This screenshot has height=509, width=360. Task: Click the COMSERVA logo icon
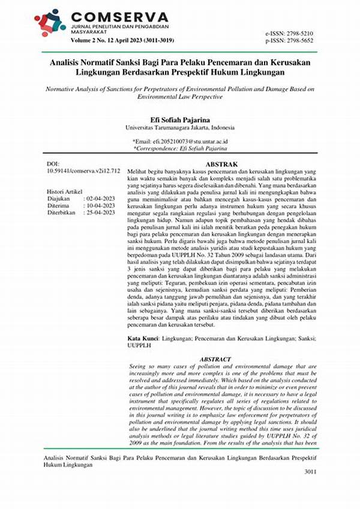(x=50, y=23)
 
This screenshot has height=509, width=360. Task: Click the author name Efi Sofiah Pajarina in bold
(x=179, y=120)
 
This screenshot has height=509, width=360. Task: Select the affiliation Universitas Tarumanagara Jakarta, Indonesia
(x=179, y=128)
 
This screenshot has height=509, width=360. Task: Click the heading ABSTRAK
(x=222, y=164)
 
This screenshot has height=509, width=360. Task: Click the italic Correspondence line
(x=179, y=148)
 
